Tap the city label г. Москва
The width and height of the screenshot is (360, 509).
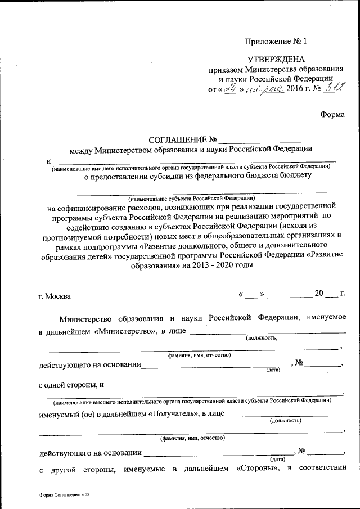click(55, 296)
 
